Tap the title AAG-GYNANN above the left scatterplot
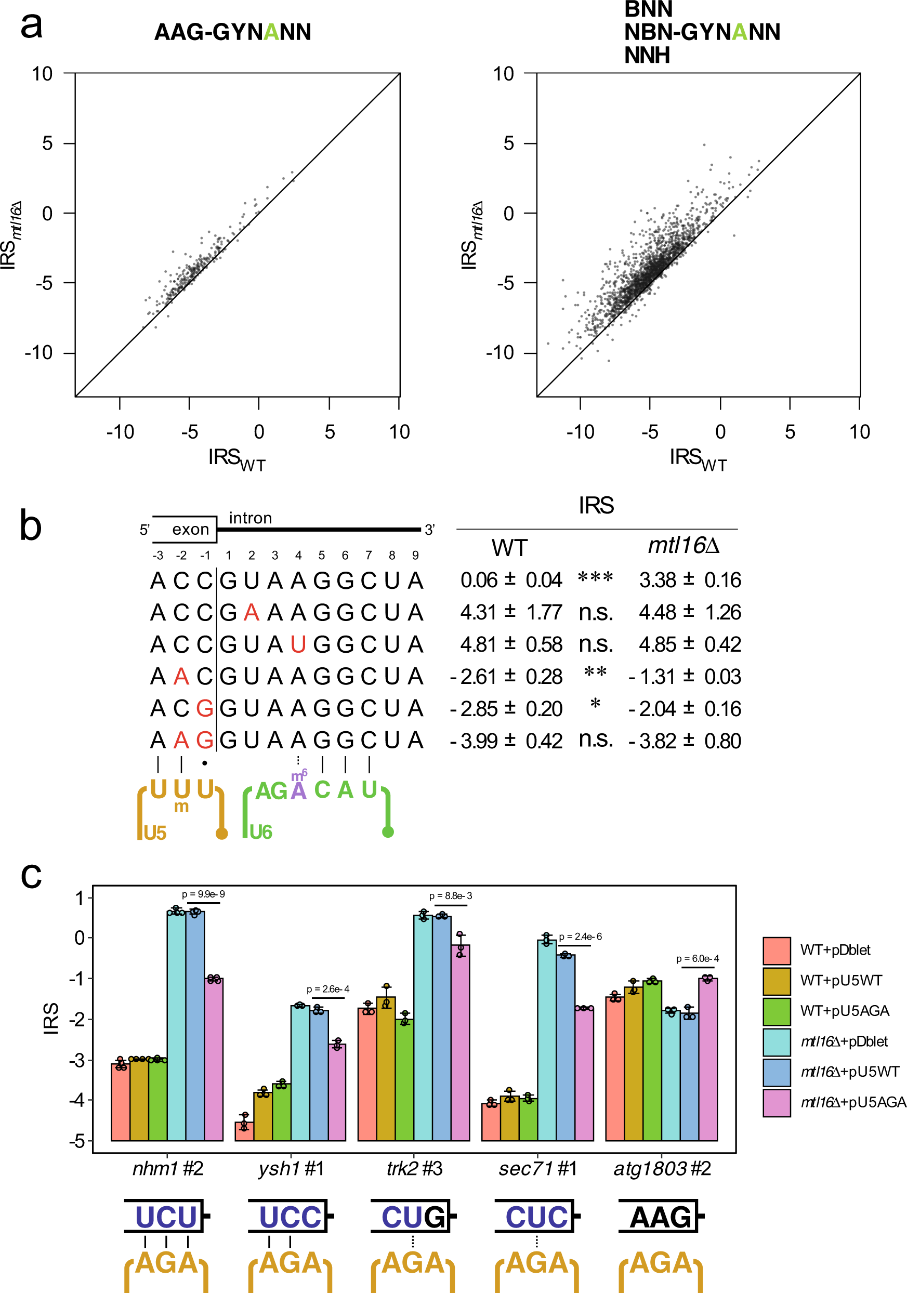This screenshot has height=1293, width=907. tap(232, 33)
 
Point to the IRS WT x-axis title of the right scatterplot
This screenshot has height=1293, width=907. tap(698, 459)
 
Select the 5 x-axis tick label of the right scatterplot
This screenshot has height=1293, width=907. tap(790, 432)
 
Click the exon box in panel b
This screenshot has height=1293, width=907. tap(185, 530)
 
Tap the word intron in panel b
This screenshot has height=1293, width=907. tap(250, 518)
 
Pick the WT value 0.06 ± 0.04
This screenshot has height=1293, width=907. tap(510, 580)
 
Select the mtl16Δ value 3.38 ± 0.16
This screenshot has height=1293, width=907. tap(690, 580)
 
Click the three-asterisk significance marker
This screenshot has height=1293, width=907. tap(595, 578)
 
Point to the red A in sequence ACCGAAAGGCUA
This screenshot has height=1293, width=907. tap(251, 613)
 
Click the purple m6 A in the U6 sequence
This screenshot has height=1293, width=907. tap(298, 790)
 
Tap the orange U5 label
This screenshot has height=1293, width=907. tap(155, 833)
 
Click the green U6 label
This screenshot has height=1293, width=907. tap(260, 832)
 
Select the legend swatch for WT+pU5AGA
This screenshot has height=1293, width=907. tap(777, 1011)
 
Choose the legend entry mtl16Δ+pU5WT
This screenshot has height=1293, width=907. tap(849, 1072)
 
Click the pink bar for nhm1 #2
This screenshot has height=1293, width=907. tap(214, 1059)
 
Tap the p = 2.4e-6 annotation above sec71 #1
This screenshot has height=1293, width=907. tap(580, 936)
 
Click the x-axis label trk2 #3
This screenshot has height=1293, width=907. tap(414, 1169)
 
